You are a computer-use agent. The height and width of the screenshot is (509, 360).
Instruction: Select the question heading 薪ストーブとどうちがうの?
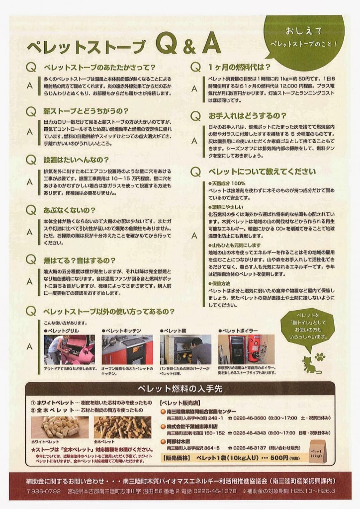86,110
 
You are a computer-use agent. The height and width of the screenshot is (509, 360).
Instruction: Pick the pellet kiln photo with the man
185,349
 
